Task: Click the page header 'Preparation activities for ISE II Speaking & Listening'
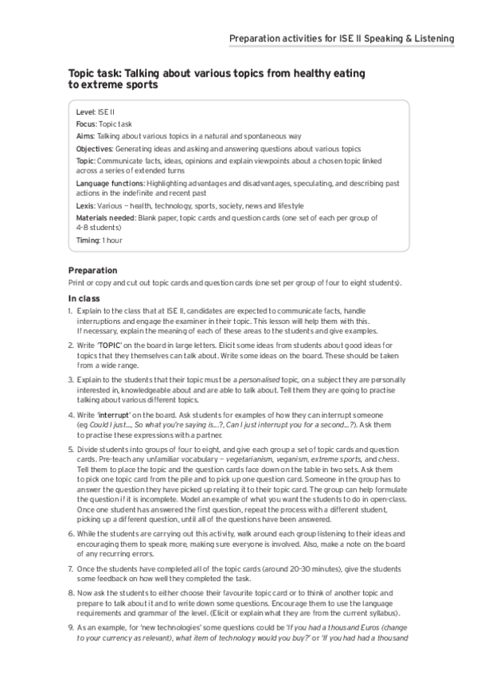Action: pyautogui.click(x=342, y=38)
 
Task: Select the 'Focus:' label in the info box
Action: pyautogui.click(x=87, y=125)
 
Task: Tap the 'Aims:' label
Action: pyautogui.click(x=85, y=137)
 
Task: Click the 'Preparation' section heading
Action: pyautogui.click(x=92, y=271)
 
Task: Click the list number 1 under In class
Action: pyautogui.click(x=70, y=310)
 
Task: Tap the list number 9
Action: pyautogui.click(x=70, y=627)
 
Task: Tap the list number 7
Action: pyautogui.click(x=70, y=570)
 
